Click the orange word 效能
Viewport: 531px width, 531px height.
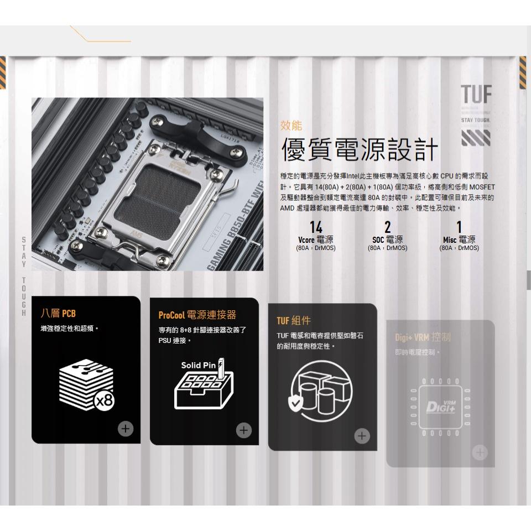(x=291, y=126)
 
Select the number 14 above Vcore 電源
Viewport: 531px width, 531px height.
(x=316, y=227)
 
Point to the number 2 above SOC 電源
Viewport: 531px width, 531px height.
(x=387, y=227)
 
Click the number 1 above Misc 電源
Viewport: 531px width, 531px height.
(x=459, y=227)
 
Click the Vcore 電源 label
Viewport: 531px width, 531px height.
(x=316, y=240)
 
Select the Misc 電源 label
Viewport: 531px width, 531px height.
(x=459, y=240)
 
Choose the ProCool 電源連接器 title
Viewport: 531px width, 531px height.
(x=197, y=315)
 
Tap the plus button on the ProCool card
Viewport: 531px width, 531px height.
(x=243, y=430)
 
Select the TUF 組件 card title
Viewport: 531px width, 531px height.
(x=294, y=321)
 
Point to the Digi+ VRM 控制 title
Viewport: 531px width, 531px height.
(x=423, y=337)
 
